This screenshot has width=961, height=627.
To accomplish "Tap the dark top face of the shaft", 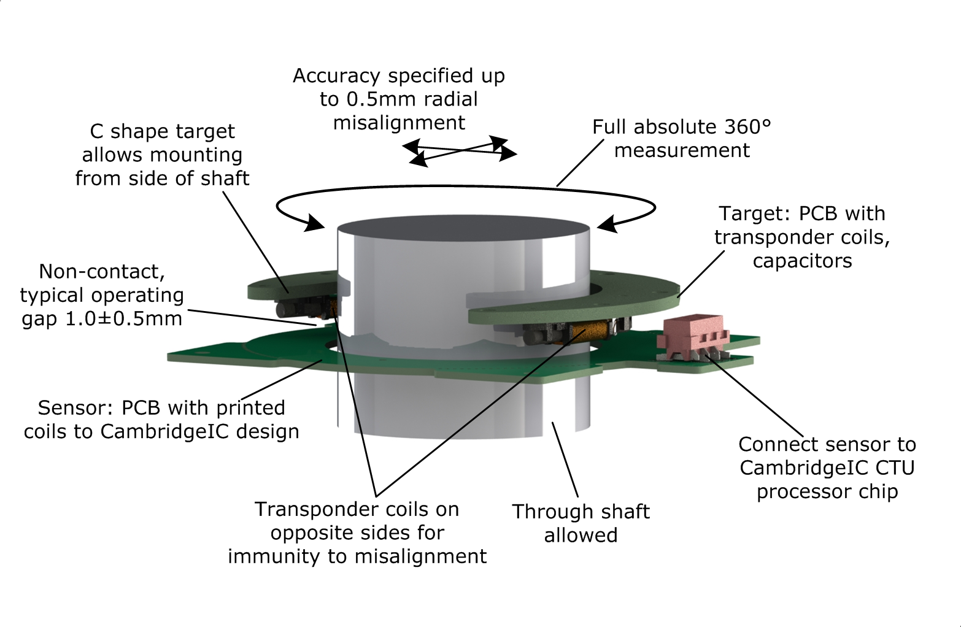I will [463, 236].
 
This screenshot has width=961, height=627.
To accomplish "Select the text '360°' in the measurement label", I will [747, 127].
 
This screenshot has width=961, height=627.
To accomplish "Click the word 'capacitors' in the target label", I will [802, 261].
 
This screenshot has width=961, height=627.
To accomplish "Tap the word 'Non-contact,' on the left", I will [102, 271].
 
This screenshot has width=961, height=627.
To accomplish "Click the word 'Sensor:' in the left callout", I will [76, 408].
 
